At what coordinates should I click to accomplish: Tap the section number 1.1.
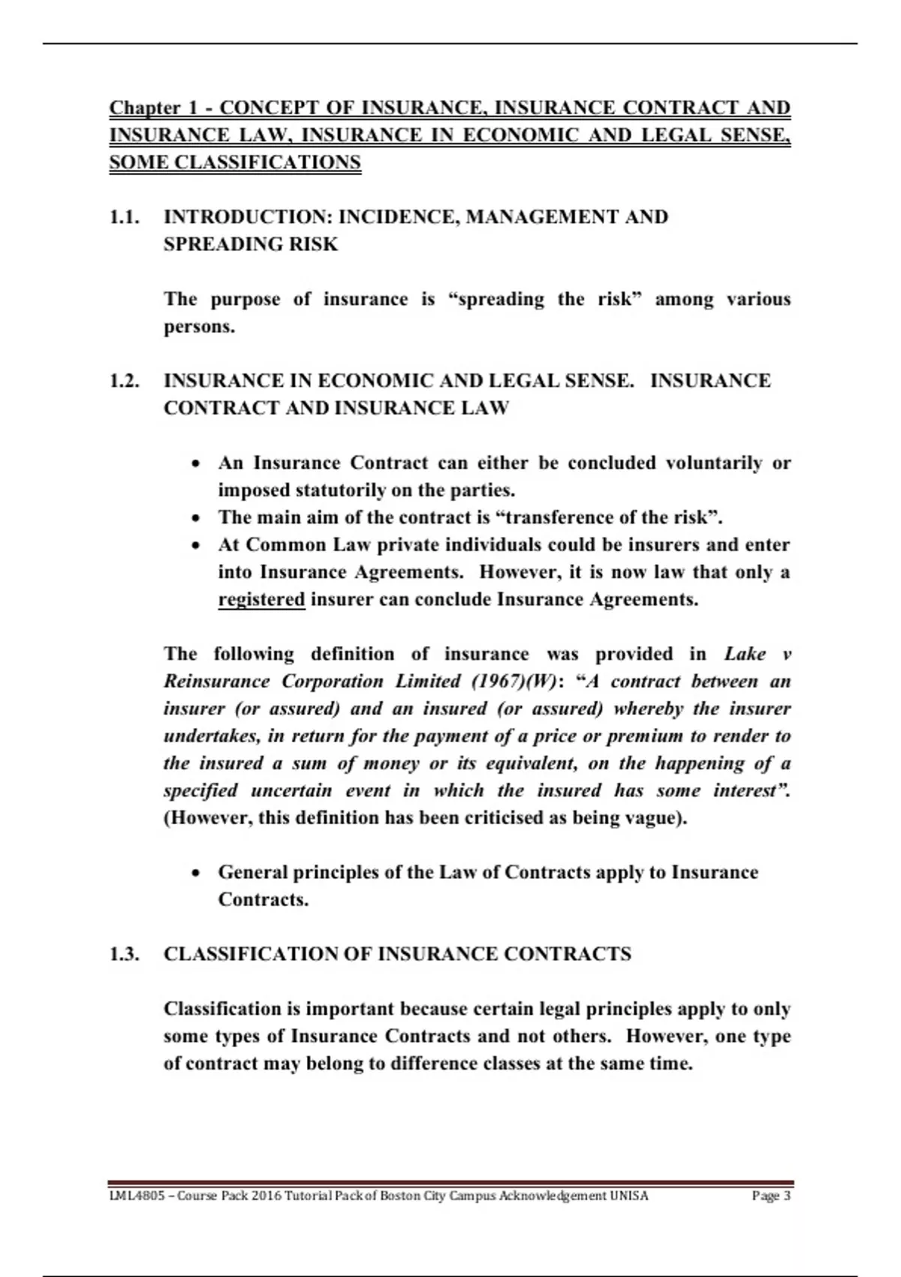125,217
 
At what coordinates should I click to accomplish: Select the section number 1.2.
125,381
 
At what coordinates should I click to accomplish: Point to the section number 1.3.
125,954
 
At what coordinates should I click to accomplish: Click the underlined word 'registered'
261,599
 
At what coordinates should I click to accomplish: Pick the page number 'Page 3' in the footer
771,1196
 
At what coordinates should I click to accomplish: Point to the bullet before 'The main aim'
196,518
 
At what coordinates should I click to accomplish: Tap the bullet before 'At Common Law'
196,545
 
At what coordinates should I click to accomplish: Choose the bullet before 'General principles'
196,873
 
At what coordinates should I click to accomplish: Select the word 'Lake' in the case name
745,654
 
